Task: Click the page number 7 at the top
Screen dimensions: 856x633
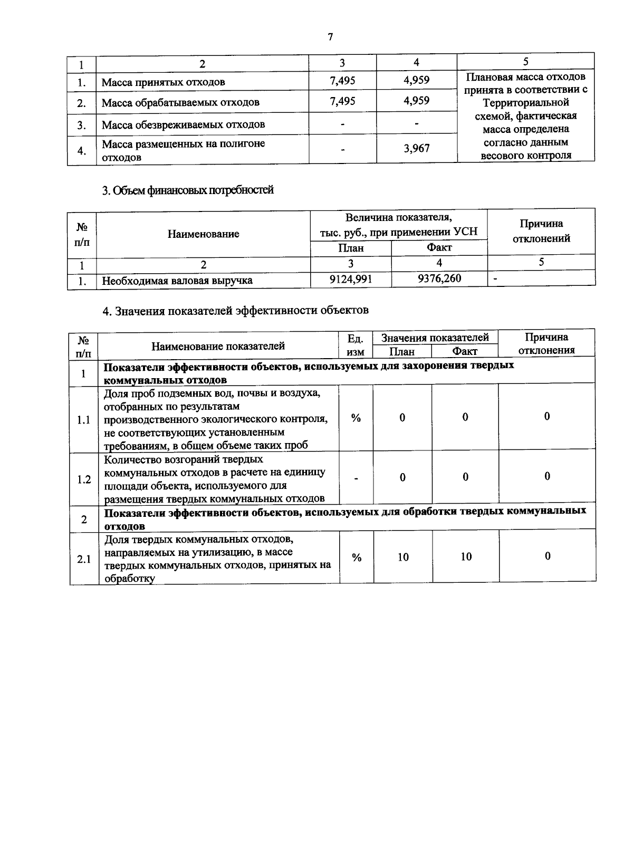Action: [330, 37]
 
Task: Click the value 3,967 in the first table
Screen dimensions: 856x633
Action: [417, 149]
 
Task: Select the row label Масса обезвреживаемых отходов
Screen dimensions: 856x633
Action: [183, 125]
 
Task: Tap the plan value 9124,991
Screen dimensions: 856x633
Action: [351, 279]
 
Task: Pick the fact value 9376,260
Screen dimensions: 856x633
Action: [439, 278]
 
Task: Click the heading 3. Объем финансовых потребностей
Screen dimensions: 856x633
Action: [188, 190]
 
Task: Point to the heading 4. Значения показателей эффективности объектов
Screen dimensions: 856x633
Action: [235, 310]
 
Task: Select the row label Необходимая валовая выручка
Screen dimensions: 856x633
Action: [177, 281]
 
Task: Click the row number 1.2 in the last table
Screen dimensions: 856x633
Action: [84, 479]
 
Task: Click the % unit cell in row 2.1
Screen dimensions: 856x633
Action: [357, 557]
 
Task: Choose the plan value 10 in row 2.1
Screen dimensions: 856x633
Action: [403, 557]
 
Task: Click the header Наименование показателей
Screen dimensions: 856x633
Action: [218, 346]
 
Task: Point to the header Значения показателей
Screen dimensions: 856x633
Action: [435, 338]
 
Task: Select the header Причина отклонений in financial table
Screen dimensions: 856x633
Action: [541, 231]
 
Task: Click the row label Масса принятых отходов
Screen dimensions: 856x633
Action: [164, 82]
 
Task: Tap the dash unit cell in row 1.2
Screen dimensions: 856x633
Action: [357, 478]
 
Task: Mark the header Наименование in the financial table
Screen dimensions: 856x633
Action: [203, 234]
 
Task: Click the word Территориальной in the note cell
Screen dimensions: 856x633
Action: [525, 102]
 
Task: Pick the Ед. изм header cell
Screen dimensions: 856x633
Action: [356, 345]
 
